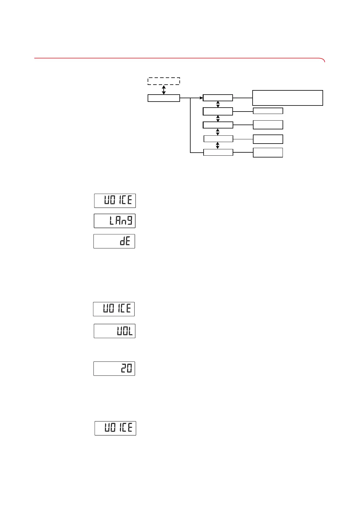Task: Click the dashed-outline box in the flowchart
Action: pyautogui.click(x=164, y=81)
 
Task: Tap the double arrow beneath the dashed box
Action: pyautogui.click(x=164, y=90)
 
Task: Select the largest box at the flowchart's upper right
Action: pyautogui.click(x=287, y=98)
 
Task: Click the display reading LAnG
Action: pyautogui.click(x=115, y=221)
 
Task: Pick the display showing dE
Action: pyautogui.click(x=114, y=241)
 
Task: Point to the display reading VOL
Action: pyautogui.click(x=115, y=331)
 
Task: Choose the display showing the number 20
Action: pyautogui.click(x=114, y=368)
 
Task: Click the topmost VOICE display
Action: pyautogui.click(x=115, y=201)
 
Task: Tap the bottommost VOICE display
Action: pyautogui.click(x=115, y=428)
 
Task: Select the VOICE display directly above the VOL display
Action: pyautogui.click(x=114, y=309)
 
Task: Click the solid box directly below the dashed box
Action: pyautogui.click(x=164, y=98)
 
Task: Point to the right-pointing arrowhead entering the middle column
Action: pyautogui.click(x=201, y=98)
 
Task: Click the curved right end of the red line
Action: pyautogui.click(x=323, y=60)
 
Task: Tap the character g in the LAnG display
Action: pyautogui.click(x=129, y=221)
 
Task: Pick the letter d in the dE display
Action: pyautogui.click(x=122, y=242)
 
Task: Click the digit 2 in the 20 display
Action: pyautogui.click(x=123, y=368)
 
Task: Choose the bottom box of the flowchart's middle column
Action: pyautogui.click(x=218, y=152)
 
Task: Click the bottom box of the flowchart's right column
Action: pyautogui.click(x=268, y=152)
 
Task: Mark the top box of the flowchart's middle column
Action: pyautogui.click(x=218, y=98)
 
